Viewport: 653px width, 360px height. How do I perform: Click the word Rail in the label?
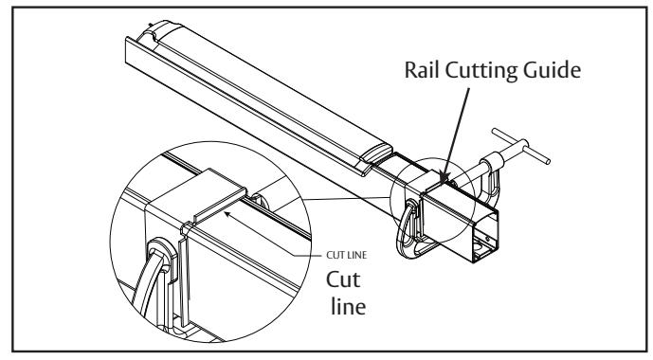(422, 69)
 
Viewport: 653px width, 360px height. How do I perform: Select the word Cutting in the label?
(481, 71)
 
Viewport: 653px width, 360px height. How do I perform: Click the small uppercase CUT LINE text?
(347, 255)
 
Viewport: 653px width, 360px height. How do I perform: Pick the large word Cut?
(343, 279)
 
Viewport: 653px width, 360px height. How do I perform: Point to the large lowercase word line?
(349, 306)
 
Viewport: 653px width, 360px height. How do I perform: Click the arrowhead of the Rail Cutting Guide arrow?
(444, 178)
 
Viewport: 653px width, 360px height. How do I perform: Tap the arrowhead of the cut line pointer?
(227, 214)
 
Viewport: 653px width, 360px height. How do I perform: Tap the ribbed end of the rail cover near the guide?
(377, 153)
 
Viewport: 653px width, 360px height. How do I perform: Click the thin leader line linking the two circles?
(347, 199)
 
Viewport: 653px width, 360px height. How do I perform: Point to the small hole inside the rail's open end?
(488, 239)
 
